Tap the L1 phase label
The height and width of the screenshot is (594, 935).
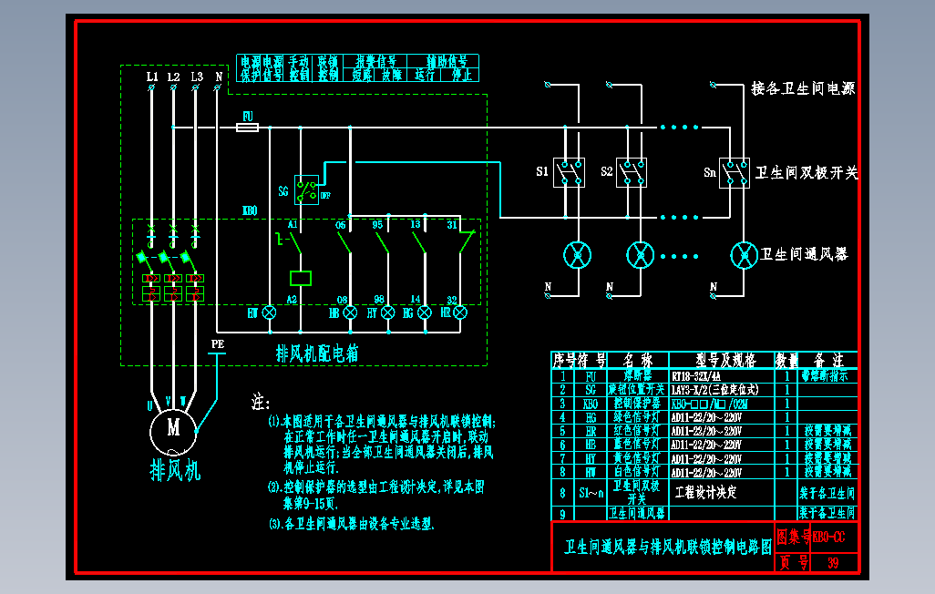(x=152, y=77)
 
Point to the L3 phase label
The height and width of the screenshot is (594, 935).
(x=196, y=77)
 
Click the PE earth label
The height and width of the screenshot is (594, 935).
(x=217, y=343)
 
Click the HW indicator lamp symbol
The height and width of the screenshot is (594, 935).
(x=269, y=312)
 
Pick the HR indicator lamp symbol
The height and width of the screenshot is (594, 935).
(x=460, y=312)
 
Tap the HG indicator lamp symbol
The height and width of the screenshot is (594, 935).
(x=424, y=312)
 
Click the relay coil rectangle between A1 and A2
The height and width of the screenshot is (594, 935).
(x=300, y=278)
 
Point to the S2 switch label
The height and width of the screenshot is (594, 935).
(x=607, y=171)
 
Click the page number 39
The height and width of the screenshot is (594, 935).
(x=832, y=563)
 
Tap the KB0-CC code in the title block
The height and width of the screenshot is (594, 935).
(x=828, y=538)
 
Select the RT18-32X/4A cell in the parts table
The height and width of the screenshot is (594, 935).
(x=695, y=375)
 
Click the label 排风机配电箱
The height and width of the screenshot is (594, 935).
(x=317, y=353)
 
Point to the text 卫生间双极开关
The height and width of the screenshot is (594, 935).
(x=807, y=172)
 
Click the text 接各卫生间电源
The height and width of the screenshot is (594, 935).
(x=803, y=88)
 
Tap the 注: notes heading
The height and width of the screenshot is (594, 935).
(x=262, y=402)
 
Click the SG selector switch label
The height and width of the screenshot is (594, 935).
(x=283, y=191)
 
